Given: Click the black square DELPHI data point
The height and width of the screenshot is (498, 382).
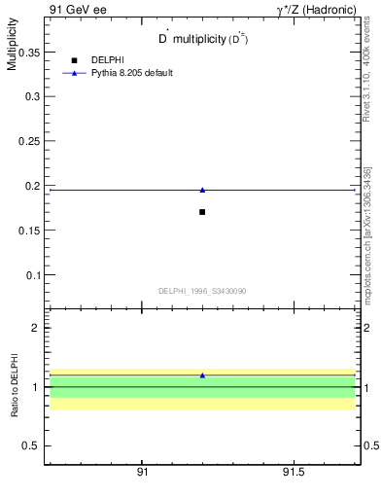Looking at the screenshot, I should (202, 212).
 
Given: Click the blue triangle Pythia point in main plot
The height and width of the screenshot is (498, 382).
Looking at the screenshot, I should (202, 190).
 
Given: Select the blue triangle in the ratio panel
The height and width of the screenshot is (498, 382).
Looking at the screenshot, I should (202, 374).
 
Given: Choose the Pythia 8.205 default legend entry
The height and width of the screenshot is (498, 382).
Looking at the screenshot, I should (132, 73).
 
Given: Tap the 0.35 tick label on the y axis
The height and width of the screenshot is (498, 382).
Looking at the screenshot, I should (27, 53).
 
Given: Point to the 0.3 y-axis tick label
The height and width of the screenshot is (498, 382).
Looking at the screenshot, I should (31, 97).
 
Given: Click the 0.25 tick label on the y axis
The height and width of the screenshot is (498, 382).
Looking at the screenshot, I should (27, 142).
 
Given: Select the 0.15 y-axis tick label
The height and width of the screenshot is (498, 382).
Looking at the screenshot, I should (27, 231).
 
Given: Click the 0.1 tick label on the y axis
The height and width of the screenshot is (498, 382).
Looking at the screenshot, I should (31, 275).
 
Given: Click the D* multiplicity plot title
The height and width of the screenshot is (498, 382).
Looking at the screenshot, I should (202, 39).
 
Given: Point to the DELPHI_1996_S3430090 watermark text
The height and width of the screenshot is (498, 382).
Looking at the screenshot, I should (202, 291).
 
